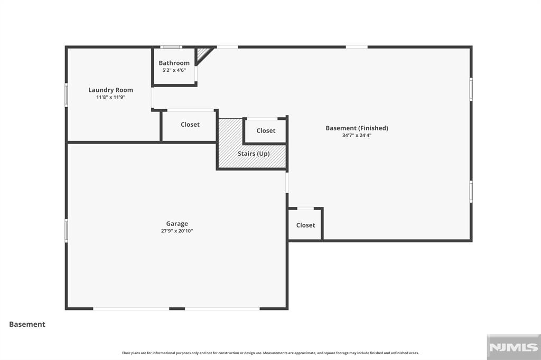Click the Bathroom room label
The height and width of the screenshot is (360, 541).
tap(174, 63)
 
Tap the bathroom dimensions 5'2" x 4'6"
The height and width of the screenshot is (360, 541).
tap(174, 70)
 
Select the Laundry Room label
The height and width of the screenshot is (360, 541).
tap(110, 90)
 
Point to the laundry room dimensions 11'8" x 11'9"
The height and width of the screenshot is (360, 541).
tap(110, 97)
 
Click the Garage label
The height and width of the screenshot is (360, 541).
tap(177, 223)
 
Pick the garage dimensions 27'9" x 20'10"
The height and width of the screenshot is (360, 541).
tap(177, 231)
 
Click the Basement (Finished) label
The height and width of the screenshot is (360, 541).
tap(357, 128)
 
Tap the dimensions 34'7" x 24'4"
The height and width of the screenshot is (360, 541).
tap(357, 135)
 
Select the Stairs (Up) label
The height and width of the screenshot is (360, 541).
tap(254, 154)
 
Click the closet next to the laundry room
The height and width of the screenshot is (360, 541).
tap(190, 125)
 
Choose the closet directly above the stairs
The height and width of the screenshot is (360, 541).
tap(266, 131)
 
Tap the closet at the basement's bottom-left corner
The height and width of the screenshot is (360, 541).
tap(306, 225)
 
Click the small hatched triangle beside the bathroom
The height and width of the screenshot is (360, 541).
tap(201, 54)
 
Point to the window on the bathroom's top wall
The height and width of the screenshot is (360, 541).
tap(171, 47)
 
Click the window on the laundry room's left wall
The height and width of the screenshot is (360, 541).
tap(66, 94)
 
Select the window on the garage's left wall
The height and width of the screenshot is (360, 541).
tap(66, 230)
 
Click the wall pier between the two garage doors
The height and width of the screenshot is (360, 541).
tap(177, 309)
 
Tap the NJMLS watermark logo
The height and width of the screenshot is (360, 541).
tap(514, 347)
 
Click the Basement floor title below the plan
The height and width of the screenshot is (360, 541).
tap(27, 324)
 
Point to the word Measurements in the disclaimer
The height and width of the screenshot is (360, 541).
tap(275, 353)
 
